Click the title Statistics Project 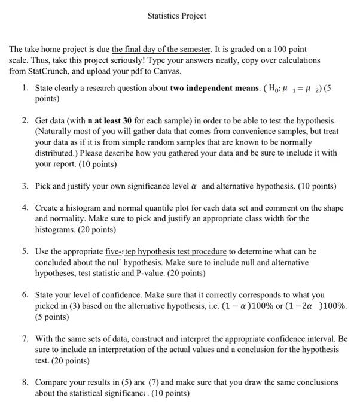click(176, 16)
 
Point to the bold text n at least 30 click(109, 121)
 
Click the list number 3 click(25, 186)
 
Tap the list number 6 click(25, 294)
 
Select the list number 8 click(25, 381)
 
